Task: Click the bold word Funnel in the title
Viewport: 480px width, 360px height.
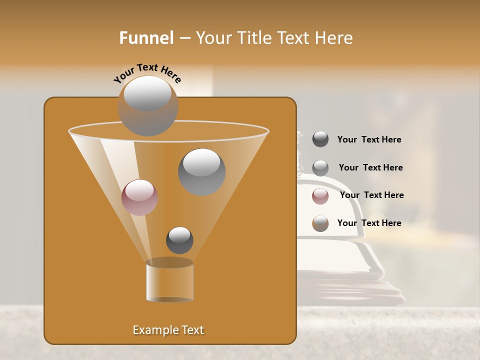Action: (x=146, y=38)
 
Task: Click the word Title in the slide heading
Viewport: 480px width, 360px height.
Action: (x=253, y=38)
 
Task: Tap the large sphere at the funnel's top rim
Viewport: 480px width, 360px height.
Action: (x=147, y=105)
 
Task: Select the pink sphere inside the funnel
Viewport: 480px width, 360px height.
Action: (x=139, y=197)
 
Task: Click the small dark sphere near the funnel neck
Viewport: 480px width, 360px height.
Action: (x=179, y=240)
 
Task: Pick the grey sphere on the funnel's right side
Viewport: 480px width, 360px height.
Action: (x=201, y=172)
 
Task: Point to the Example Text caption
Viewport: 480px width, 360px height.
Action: (x=168, y=330)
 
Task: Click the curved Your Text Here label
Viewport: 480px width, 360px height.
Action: (x=147, y=72)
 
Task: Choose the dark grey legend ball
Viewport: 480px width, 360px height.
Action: (x=320, y=139)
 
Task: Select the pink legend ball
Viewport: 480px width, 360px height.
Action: (x=320, y=196)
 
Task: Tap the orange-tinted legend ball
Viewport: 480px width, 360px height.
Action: (x=320, y=223)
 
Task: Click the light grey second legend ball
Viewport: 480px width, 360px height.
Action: (x=320, y=168)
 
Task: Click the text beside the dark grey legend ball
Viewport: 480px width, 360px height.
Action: (x=369, y=140)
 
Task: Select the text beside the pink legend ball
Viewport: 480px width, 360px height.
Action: (x=371, y=195)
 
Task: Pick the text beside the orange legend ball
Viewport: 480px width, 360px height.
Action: (x=369, y=223)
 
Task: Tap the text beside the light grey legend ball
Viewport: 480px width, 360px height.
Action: (x=370, y=168)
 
